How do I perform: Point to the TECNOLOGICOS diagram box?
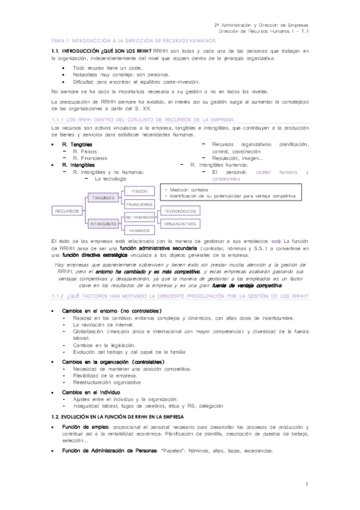click(180, 211)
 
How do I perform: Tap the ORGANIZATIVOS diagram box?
click(180, 224)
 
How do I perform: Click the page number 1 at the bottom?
click(306, 484)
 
